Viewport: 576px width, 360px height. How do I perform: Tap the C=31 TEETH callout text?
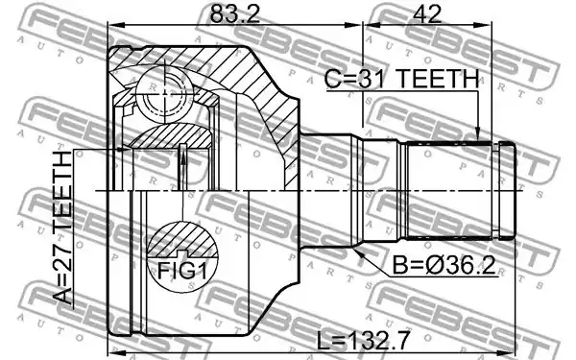click(402, 80)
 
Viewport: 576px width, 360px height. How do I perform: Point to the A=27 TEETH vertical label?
click(62, 228)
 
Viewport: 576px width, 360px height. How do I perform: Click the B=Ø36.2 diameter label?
click(444, 265)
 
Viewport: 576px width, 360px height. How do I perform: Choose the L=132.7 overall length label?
click(363, 341)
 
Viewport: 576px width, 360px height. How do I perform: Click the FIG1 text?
click(182, 271)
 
